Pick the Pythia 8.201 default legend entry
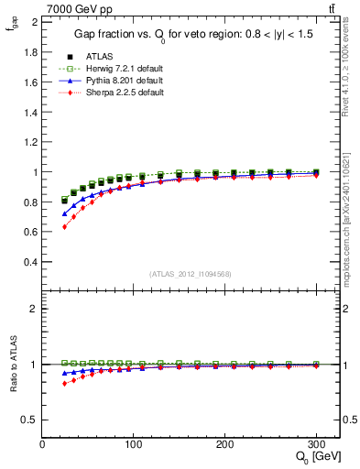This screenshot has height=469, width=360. pos(125,81)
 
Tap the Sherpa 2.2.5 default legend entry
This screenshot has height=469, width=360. pos(125,93)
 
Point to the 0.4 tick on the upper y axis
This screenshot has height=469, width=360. pos(31,262)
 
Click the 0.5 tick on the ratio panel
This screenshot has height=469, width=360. pos(31,420)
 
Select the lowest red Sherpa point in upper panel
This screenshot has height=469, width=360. pos(64,226)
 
